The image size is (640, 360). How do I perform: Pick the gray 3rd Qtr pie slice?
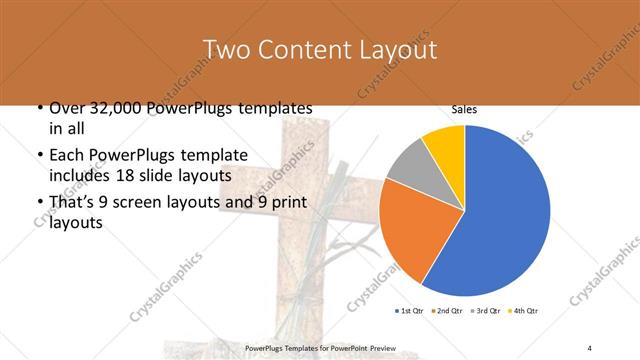(409, 168)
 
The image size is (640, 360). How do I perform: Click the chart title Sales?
(464, 109)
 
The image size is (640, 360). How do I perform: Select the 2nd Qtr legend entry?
(447, 310)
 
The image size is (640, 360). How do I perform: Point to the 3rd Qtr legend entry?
(487, 310)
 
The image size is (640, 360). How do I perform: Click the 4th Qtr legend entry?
(526, 310)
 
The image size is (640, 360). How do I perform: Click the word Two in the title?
(225, 49)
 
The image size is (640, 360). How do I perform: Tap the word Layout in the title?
(400, 49)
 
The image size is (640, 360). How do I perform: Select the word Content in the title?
(306, 49)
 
